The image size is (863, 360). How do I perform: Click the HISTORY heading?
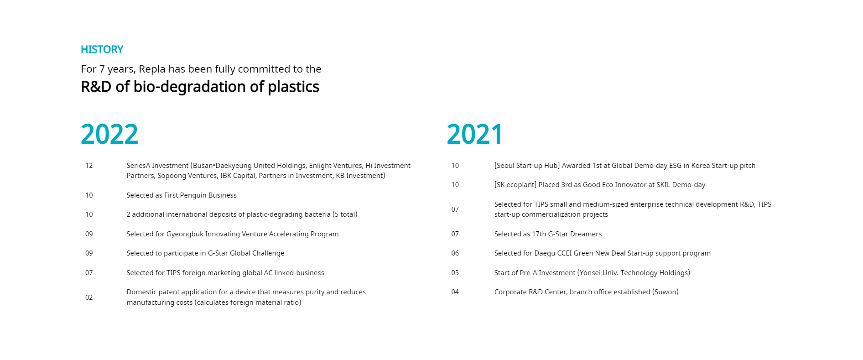(x=102, y=49)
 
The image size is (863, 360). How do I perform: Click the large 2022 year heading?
(x=109, y=134)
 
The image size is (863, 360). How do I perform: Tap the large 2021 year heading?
(x=474, y=134)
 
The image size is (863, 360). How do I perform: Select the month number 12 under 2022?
(x=89, y=166)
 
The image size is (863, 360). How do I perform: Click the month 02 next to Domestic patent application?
(x=89, y=297)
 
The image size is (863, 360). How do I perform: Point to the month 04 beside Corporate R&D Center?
(x=455, y=292)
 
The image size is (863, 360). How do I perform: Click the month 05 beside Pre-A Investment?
(x=455, y=273)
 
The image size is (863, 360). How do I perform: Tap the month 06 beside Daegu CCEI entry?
(x=455, y=253)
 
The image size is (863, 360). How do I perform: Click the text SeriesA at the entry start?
(x=138, y=166)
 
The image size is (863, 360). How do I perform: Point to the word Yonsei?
(x=590, y=273)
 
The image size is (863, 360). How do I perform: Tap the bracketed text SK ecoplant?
(x=515, y=185)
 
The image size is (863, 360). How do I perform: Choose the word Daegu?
(x=545, y=253)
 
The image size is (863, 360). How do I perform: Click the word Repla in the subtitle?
(x=152, y=69)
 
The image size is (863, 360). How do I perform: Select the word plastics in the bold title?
(x=293, y=87)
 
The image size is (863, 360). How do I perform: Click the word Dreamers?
(x=585, y=234)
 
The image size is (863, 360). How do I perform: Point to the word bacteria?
(x=317, y=214)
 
